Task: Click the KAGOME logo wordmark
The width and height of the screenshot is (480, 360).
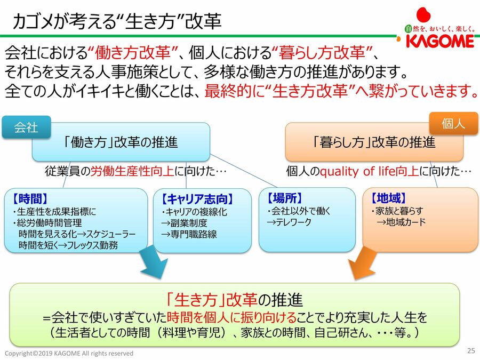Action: pyautogui.click(x=439, y=41)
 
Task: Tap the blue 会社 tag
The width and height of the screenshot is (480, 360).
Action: pyautogui.click(x=26, y=127)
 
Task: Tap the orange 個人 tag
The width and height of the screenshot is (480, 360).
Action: pyautogui.click(x=453, y=124)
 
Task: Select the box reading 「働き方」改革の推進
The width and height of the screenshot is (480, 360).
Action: pyautogui.click(x=121, y=142)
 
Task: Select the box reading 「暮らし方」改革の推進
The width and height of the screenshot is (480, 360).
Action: pyautogui.click(x=374, y=142)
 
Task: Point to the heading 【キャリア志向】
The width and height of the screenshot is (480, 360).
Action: pyautogui.click(x=197, y=199)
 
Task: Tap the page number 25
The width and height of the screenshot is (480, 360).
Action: pyautogui.click(x=470, y=350)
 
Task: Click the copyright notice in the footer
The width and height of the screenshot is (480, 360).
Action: pyautogui.click(x=69, y=354)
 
